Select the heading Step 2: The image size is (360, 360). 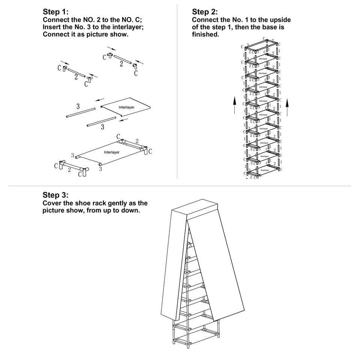click(x=205, y=12)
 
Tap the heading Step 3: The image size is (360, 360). click(x=55, y=195)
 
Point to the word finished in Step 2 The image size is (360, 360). click(x=205, y=34)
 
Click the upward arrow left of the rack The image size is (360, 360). click(x=234, y=105)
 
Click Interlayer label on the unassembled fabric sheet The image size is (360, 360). click(x=126, y=107)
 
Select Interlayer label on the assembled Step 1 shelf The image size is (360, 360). click(x=112, y=152)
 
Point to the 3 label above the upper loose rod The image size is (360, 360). click(x=78, y=106)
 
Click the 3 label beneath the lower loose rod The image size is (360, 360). click(x=102, y=127)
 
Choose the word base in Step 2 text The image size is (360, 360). click(x=266, y=27)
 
